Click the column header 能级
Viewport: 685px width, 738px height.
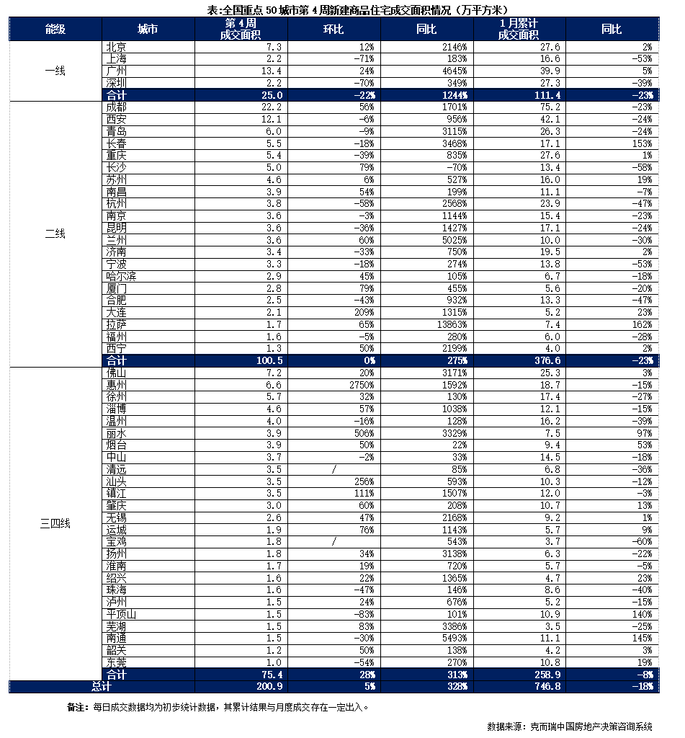point(55,29)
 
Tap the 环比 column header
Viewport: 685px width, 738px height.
point(333,29)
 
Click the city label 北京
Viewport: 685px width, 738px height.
point(116,47)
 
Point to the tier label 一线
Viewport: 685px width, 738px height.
point(55,71)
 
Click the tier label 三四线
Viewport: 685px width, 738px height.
point(55,523)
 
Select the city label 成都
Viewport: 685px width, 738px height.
point(116,107)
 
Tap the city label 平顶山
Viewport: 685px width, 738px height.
point(120,614)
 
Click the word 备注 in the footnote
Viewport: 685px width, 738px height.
point(76,707)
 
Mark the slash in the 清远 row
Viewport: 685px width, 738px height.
point(334,469)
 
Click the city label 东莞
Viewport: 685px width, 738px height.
point(116,662)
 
